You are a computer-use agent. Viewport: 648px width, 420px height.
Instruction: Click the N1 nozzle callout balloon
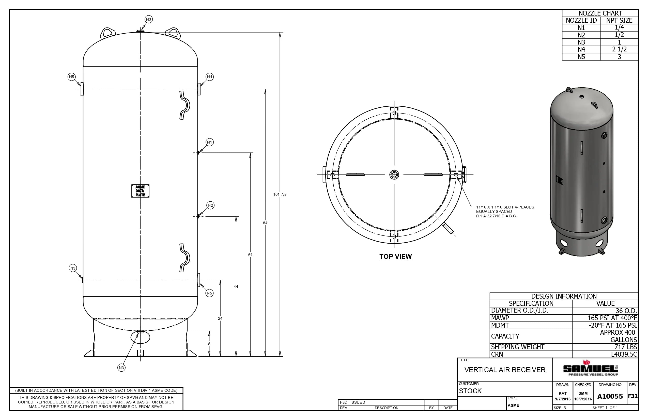pos(209,142)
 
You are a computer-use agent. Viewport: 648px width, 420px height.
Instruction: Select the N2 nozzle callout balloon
pos(210,205)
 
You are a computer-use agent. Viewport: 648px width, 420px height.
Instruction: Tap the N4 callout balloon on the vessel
pos(209,77)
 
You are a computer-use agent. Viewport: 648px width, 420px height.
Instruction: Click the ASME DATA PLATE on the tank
pos(140,191)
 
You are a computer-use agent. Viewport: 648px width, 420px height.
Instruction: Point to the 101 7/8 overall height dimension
pos(280,194)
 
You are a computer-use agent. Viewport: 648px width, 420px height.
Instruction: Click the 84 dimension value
pos(265,223)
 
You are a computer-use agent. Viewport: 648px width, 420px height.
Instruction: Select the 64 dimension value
pos(250,255)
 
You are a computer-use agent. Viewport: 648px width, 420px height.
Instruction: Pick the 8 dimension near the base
pos(209,344)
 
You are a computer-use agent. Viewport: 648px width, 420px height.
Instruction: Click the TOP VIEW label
pos(395,257)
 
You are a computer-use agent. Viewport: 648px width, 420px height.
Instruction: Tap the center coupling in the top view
pos(394,175)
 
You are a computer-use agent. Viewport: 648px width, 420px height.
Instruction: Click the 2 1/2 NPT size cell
pos(619,49)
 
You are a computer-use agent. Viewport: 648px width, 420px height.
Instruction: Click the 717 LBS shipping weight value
pos(625,347)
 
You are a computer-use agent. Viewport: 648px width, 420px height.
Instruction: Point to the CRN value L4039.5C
pos(624,354)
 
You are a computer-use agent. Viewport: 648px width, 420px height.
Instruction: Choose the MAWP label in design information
pos(500,318)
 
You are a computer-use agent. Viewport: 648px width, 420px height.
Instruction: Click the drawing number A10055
pos(610,396)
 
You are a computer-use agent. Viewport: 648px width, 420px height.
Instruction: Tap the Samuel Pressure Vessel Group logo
pos(590,369)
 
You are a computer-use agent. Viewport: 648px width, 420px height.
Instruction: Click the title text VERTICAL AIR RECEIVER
pos(505,370)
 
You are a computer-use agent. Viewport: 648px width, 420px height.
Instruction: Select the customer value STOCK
pos(470,391)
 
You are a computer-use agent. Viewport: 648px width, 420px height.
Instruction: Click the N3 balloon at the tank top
pos(148,19)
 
